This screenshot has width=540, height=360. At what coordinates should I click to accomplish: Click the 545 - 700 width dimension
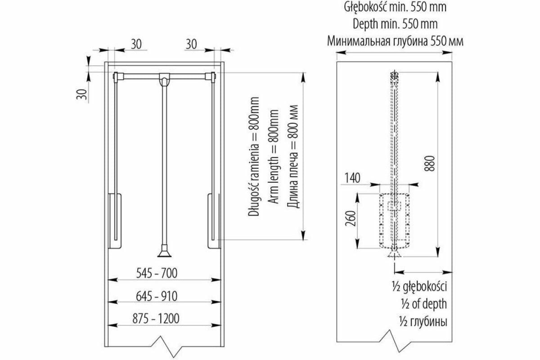pyautogui.click(x=157, y=273)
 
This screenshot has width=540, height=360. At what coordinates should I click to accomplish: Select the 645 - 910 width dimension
pyautogui.click(x=157, y=296)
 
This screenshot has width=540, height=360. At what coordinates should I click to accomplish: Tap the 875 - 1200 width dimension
pyautogui.click(x=157, y=319)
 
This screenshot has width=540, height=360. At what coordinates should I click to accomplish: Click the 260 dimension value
pyautogui.click(x=353, y=220)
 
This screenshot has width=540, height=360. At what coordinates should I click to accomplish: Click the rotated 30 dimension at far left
pyautogui.click(x=81, y=94)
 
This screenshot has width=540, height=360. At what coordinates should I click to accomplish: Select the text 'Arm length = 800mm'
pyautogui.click(x=273, y=158)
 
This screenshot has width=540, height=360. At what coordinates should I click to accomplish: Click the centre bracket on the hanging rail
pyautogui.click(x=165, y=79)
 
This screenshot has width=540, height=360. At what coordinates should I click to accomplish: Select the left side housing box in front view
pyautogui.click(x=115, y=220)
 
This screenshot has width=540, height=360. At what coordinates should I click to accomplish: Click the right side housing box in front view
pyautogui.click(x=214, y=220)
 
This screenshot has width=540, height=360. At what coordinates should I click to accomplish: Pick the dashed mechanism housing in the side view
pyautogui.click(x=395, y=220)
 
